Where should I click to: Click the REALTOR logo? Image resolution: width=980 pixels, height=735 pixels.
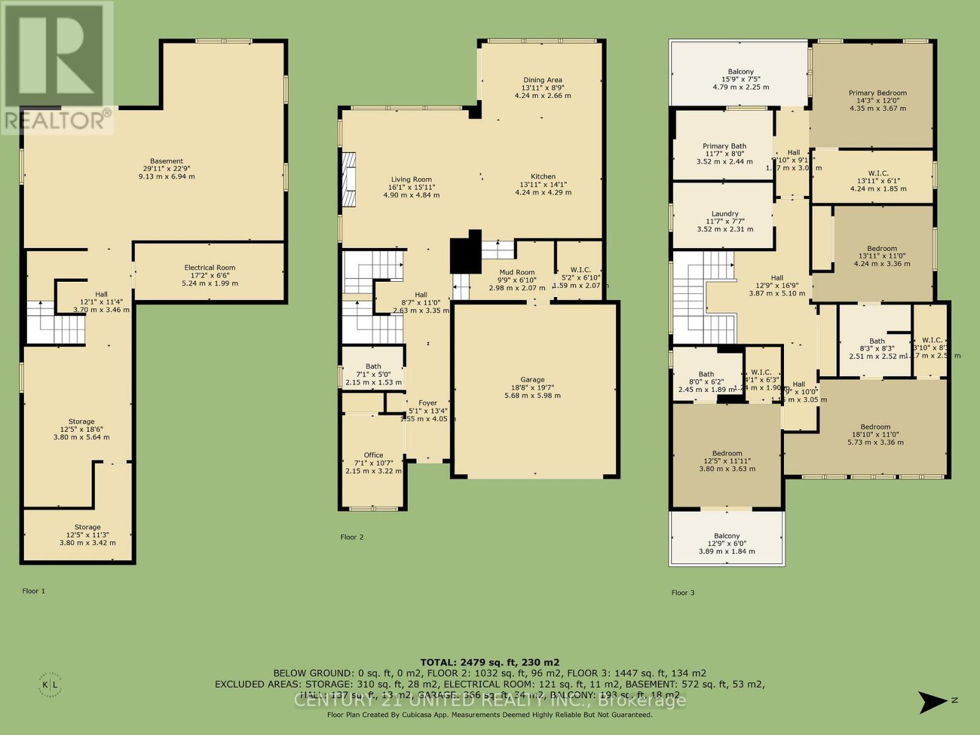[x=56, y=67]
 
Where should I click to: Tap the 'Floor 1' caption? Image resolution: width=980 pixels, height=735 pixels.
[x=34, y=591]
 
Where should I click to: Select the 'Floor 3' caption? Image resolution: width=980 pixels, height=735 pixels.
[x=683, y=592]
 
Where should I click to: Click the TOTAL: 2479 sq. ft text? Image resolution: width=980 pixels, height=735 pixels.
[x=489, y=662]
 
